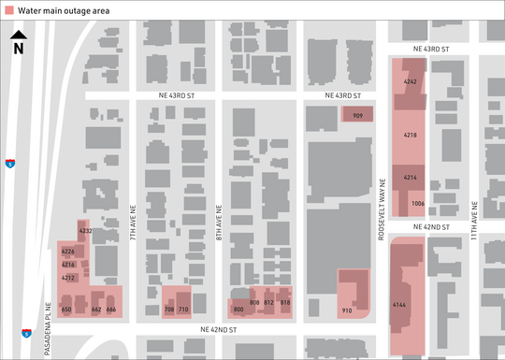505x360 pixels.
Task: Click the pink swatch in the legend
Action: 10,9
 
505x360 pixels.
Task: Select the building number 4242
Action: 410,82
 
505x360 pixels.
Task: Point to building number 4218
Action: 410,136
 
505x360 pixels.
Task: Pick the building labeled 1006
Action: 418,203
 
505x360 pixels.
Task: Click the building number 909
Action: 356,116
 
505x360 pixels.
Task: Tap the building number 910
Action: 347,310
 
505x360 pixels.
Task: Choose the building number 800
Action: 238,309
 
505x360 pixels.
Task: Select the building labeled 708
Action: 169,309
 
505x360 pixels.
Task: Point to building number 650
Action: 66,309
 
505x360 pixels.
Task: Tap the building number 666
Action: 110,309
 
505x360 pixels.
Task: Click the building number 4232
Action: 85,230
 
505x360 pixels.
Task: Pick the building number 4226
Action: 67,252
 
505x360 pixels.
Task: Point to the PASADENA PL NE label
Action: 48,318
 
